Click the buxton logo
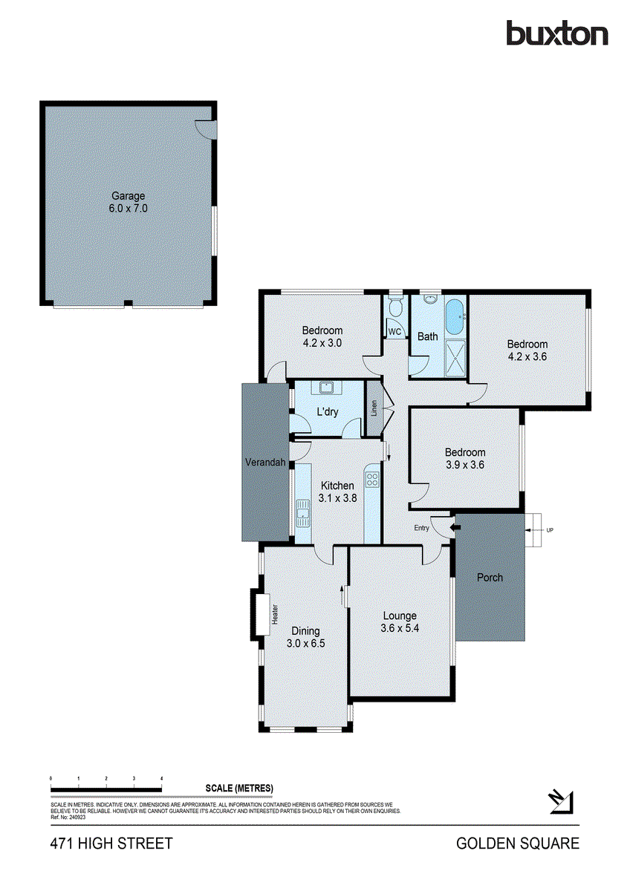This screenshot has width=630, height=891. point(556,33)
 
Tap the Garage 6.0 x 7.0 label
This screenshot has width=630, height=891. point(129,203)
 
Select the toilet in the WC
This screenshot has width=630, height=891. point(395,307)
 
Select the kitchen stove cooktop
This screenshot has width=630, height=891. point(372,479)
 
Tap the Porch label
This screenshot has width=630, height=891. point(490,577)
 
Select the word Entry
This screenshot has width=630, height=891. point(422,528)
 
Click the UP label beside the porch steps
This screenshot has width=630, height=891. point(549,530)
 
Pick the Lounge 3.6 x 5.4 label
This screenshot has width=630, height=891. point(400,621)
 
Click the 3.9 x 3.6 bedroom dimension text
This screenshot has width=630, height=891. point(465,465)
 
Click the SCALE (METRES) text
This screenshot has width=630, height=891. point(239,788)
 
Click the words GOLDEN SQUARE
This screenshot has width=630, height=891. point(517,843)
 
